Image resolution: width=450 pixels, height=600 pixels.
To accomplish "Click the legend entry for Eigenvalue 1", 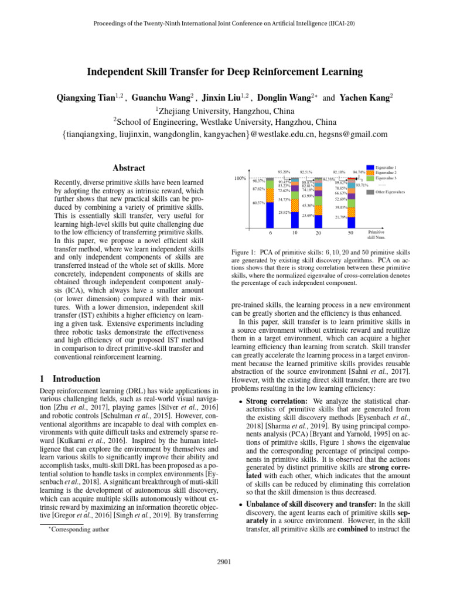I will (x=386, y=168).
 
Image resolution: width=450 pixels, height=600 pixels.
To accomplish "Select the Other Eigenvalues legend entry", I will (x=387, y=192).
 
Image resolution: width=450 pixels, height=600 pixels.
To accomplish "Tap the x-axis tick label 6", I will (x=270, y=233).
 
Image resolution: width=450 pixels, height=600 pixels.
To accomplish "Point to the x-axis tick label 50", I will (x=350, y=233).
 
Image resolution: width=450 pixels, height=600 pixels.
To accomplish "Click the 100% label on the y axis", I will (x=240, y=178).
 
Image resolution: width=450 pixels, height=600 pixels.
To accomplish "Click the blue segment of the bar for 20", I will (x=318, y=222).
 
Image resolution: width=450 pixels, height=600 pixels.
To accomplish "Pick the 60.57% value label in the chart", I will (x=258, y=203).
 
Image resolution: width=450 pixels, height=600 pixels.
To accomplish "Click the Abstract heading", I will (x=128, y=168).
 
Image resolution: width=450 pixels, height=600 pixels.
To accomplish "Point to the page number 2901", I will (x=224, y=562).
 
